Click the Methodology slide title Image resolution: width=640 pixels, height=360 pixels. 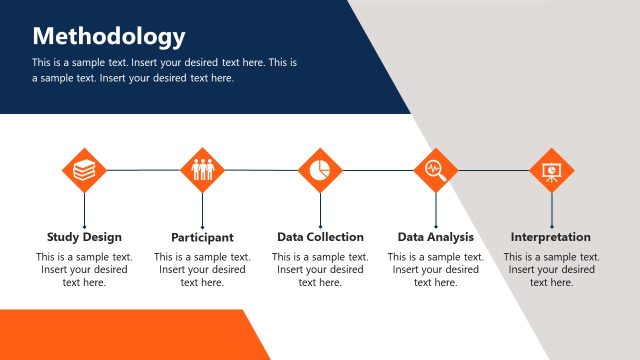[x=109, y=37]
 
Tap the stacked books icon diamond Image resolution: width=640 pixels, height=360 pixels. [x=84, y=170]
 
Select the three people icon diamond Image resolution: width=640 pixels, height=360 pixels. [x=203, y=170]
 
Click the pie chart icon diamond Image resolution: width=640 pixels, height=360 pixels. [x=320, y=170]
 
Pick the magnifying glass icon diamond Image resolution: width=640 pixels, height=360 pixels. [x=436, y=170]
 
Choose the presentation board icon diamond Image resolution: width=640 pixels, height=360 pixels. [x=551, y=170]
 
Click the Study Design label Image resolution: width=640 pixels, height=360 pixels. [x=84, y=237]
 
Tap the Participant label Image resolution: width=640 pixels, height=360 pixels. [x=202, y=238]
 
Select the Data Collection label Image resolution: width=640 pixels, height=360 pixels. [x=320, y=237]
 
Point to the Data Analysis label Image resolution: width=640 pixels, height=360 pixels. [x=435, y=237]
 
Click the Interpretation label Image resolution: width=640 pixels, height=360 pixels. [x=551, y=237]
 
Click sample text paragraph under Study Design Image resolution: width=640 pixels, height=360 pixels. [x=84, y=269]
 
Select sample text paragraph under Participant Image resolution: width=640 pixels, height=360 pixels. [x=202, y=269]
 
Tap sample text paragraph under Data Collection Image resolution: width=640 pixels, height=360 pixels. [x=320, y=269]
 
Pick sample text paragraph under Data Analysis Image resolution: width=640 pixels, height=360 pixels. [x=435, y=269]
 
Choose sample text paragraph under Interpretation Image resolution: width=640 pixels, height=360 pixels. [x=551, y=269]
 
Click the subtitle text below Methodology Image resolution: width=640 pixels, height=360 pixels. [x=165, y=70]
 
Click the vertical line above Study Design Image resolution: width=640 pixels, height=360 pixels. [x=84, y=210]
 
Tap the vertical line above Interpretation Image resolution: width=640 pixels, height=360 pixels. [x=551, y=210]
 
